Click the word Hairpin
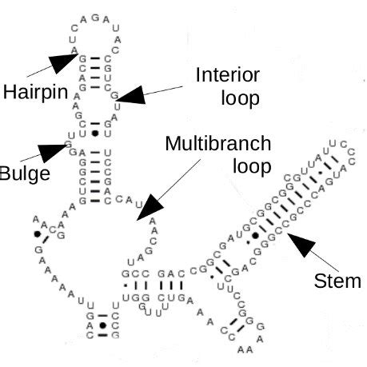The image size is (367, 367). click(x=30, y=92)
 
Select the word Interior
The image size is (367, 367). click(x=228, y=76)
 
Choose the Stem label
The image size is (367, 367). click(x=338, y=281)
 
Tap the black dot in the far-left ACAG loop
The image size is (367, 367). click(x=36, y=235)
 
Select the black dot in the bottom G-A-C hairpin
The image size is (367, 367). click(x=102, y=325)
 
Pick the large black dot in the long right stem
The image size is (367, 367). click(x=255, y=236)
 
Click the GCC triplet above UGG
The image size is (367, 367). click(x=134, y=273)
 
